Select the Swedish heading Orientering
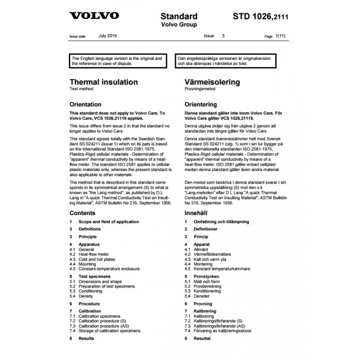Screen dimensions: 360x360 pos(201,104)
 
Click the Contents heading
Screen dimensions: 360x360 pos(82,213)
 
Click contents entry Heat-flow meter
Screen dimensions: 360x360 pos(94,254)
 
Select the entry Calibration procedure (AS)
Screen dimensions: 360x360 pos(103,325)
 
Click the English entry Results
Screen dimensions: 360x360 pos(86,338)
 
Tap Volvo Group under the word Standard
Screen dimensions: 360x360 pos(179,25)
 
